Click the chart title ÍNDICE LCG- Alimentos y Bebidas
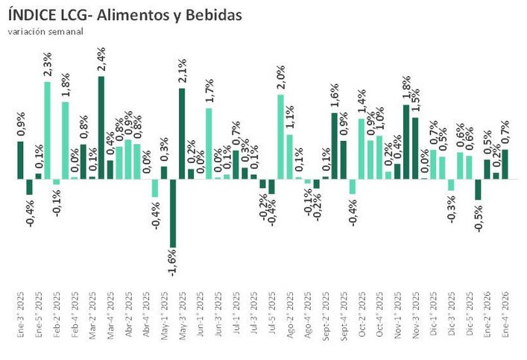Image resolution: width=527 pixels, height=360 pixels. pos(124,16)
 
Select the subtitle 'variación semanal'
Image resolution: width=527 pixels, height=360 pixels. pos(45,31)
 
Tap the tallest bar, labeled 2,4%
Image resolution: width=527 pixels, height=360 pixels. pos(101,127)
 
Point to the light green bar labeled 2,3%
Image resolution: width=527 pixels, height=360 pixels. pos(47,130)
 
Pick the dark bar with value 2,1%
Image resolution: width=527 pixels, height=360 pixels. pos(182,134)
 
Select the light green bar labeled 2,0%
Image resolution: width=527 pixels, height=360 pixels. pos(280,137)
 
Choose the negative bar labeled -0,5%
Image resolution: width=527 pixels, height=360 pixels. pos(478,190)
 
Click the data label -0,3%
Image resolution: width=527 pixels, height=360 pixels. pos(452,208)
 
